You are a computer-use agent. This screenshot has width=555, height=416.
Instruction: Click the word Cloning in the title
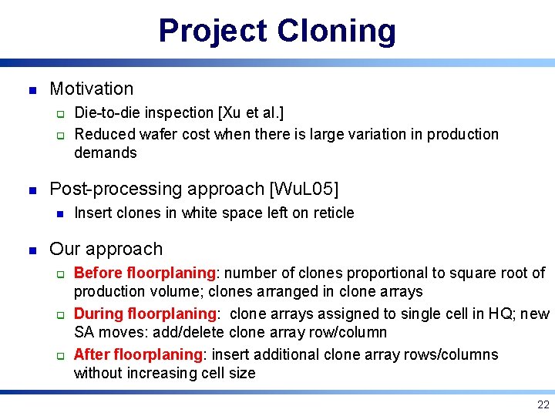coord(336,32)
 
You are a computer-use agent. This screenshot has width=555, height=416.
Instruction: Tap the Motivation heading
coord(91,89)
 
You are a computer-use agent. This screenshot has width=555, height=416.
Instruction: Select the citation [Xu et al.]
coord(251,114)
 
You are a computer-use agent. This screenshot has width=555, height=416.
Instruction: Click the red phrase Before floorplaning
coord(144,273)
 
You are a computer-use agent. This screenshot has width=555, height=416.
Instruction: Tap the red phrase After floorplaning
coord(137,354)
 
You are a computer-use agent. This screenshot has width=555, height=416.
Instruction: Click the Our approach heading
coord(106,249)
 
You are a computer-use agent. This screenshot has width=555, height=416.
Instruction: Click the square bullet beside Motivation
coord(32,89)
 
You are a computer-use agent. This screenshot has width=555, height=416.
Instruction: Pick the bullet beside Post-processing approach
coord(32,190)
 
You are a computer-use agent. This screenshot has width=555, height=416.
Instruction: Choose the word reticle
coord(332,213)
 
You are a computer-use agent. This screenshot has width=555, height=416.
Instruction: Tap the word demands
coord(105,153)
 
